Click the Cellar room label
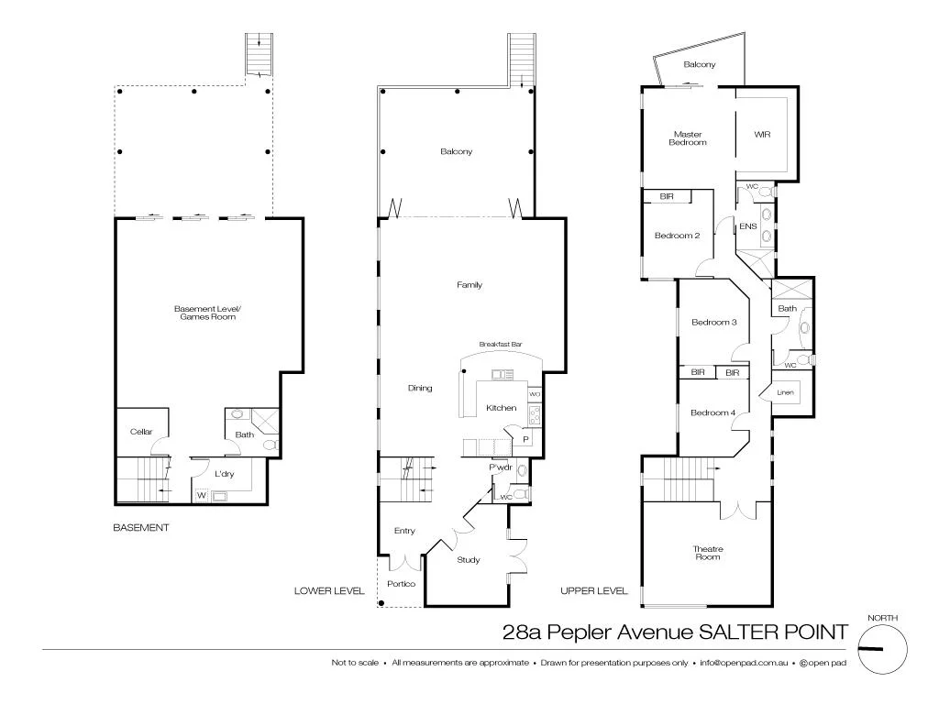[140, 431]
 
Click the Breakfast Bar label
[501, 345]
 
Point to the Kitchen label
[501, 408]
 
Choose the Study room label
[469, 559]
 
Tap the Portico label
[402, 584]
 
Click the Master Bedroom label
[687, 138]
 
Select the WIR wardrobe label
[762, 135]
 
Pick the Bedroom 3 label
[713, 323]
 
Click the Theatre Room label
[707, 553]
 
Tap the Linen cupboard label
[785, 392]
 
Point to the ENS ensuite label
[747, 225]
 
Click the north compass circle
[882, 649]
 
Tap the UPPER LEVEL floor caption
[593, 591]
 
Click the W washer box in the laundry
[202, 496]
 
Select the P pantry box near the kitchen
[525, 440]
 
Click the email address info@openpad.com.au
[743, 662]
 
